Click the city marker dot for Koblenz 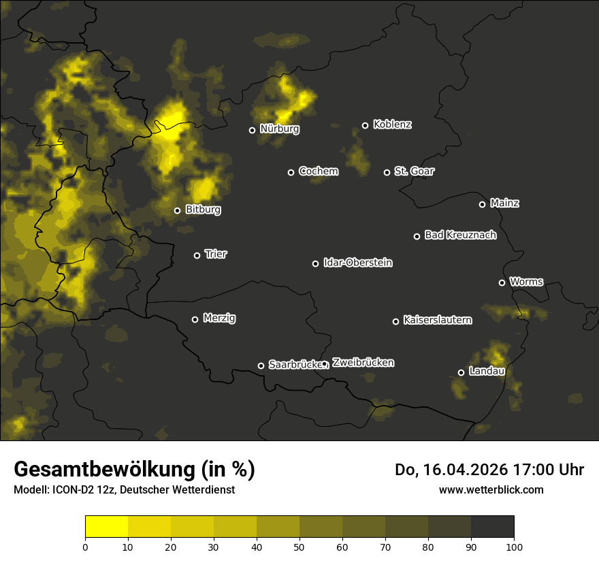point(365,125)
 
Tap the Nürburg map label point(279,129)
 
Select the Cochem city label point(318,171)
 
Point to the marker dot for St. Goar point(387,172)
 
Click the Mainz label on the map point(504,203)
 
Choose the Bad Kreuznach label point(460,235)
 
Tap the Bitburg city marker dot point(177,210)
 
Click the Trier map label point(216,254)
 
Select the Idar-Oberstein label point(357,262)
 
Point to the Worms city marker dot point(502,282)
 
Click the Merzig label point(219,318)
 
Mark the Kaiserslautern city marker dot point(395,321)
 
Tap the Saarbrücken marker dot point(261,366)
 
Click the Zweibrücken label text point(363,362)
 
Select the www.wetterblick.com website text point(491,489)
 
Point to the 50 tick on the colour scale point(299,546)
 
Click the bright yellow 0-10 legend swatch point(106,527)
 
